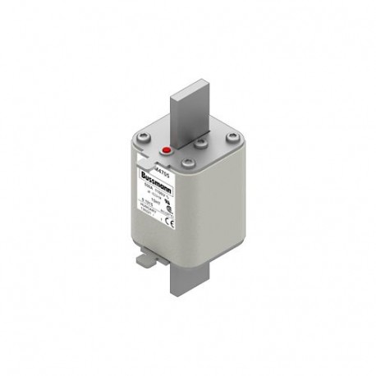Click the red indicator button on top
tap(166, 150)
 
